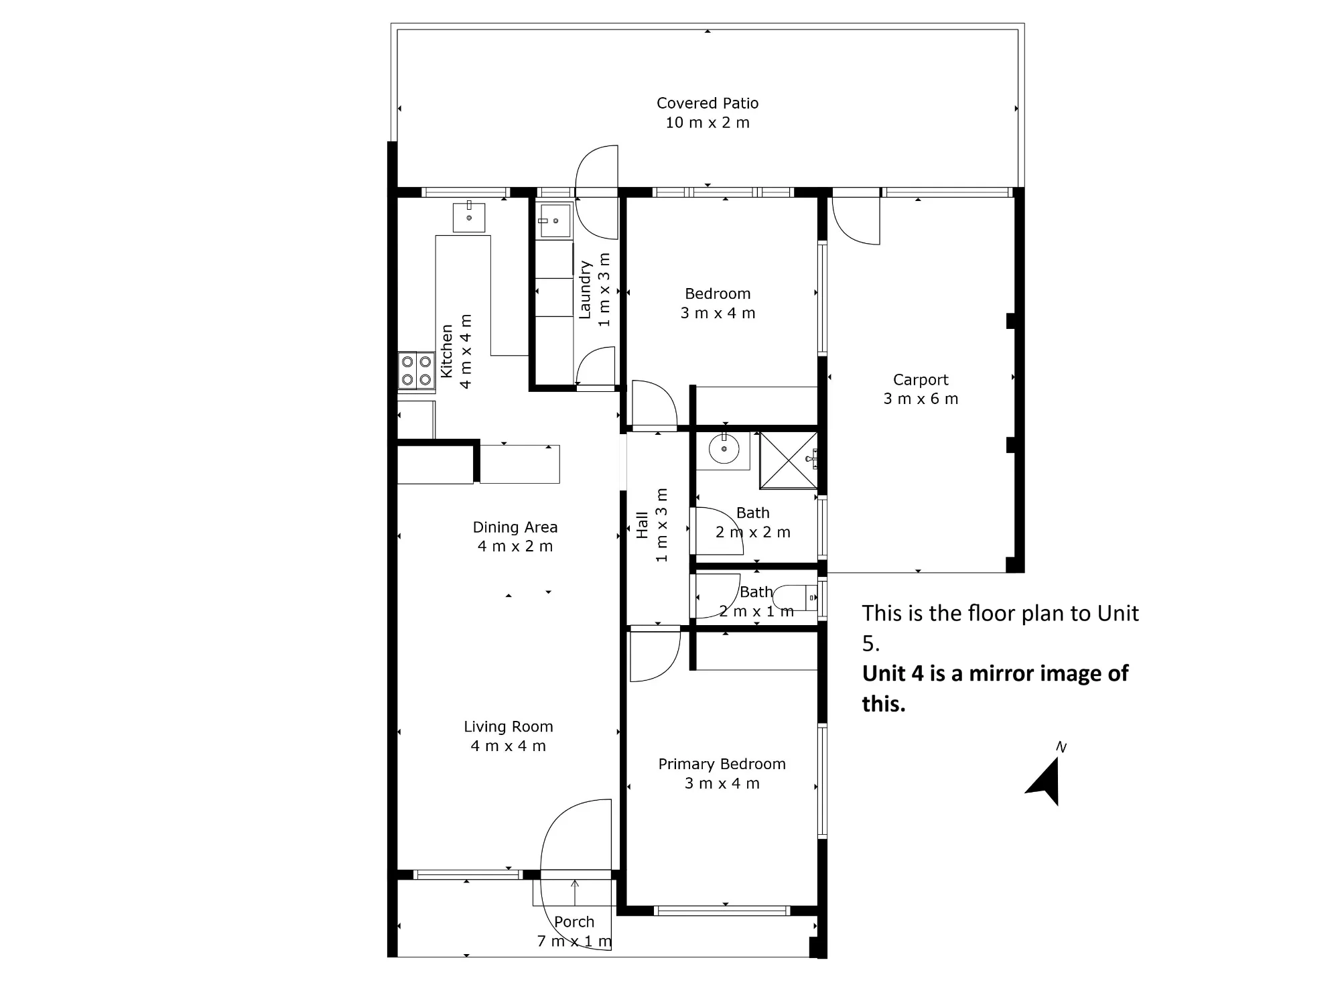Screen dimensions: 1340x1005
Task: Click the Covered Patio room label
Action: [708, 103]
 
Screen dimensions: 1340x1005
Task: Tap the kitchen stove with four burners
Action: [415, 371]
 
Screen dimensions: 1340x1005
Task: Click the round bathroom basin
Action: [724, 448]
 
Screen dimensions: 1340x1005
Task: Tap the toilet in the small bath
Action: [795, 598]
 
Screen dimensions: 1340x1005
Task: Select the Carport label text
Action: [921, 380]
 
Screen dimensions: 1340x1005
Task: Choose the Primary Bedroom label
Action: [722, 764]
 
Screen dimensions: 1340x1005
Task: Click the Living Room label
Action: [509, 727]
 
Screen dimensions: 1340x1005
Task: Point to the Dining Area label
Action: [515, 527]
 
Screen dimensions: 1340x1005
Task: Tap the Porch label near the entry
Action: [574, 922]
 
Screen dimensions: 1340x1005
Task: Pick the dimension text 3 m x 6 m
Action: [921, 399]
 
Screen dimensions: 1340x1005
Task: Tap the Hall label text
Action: [642, 525]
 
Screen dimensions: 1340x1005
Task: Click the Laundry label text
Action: [585, 289]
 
